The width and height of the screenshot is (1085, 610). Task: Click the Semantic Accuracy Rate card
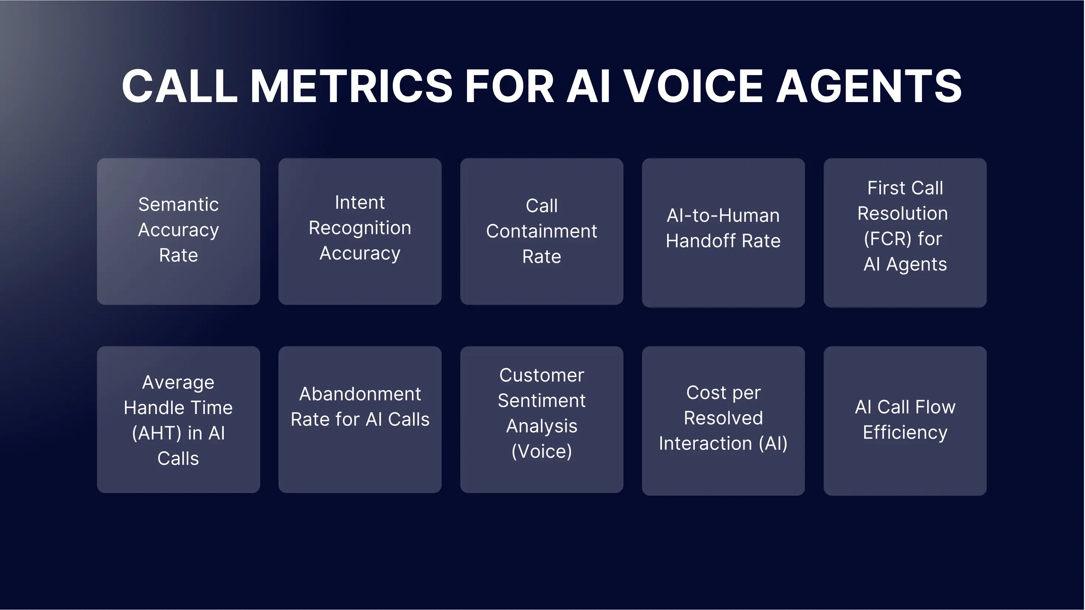tap(178, 231)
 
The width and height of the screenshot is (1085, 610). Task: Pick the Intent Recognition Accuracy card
tap(360, 231)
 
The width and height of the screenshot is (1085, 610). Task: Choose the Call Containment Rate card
tap(541, 231)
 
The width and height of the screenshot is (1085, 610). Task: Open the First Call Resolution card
tap(905, 233)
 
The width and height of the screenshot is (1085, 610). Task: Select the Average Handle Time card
tap(178, 419)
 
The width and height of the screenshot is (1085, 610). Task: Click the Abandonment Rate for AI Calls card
tap(360, 419)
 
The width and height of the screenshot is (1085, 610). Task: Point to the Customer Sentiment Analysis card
tap(541, 419)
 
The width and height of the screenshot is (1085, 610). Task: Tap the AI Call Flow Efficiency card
tap(905, 421)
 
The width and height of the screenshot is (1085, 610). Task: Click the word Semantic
tap(178, 204)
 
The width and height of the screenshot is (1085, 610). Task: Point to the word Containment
tap(541, 231)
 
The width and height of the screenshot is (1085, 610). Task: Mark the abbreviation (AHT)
tap(157, 433)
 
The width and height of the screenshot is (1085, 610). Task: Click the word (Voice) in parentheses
tap(542, 451)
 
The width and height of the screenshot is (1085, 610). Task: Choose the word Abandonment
tap(360, 394)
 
